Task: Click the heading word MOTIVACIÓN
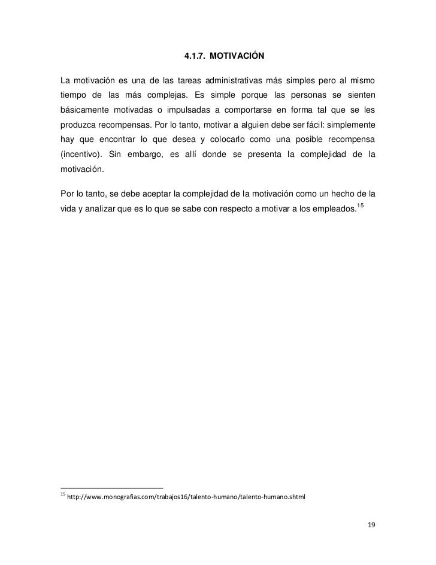(x=238, y=56)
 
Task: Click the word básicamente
(x=84, y=112)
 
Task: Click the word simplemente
(x=350, y=128)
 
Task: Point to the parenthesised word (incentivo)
(x=80, y=159)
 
